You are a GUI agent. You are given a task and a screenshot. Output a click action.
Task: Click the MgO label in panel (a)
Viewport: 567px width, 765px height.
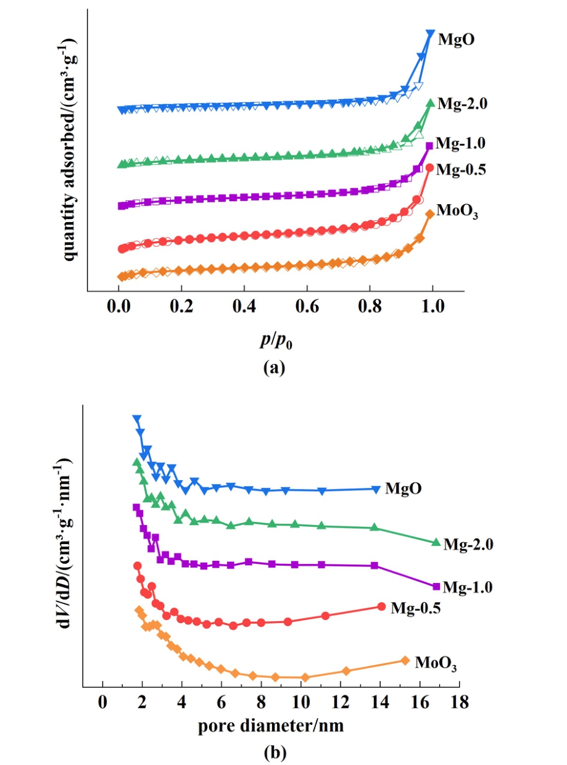(x=456, y=40)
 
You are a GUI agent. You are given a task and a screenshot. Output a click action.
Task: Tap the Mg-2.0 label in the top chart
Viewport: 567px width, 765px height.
(x=463, y=104)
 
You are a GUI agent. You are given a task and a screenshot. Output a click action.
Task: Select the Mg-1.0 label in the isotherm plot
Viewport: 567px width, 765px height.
(x=460, y=144)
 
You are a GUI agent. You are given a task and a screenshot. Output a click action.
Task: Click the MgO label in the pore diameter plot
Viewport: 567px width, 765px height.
(x=404, y=488)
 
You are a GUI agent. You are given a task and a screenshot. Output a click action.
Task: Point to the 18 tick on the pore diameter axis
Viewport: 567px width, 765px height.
(x=459, y=703)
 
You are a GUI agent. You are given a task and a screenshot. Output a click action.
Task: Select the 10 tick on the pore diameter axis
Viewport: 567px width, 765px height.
(x=300, y=703)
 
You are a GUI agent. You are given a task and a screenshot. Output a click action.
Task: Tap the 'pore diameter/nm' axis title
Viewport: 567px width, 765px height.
(x=271, y=726)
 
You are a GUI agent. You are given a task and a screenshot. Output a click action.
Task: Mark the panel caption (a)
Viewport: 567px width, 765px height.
(x=274, y=368)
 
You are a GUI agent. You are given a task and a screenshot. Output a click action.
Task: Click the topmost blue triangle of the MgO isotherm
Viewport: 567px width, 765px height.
(x=431, y=34)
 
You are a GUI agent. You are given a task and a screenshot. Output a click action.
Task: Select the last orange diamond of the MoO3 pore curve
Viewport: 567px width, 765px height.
(x=405, y=660)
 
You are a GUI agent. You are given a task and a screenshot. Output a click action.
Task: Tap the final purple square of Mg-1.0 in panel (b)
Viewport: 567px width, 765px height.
(x=436, y=586)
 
